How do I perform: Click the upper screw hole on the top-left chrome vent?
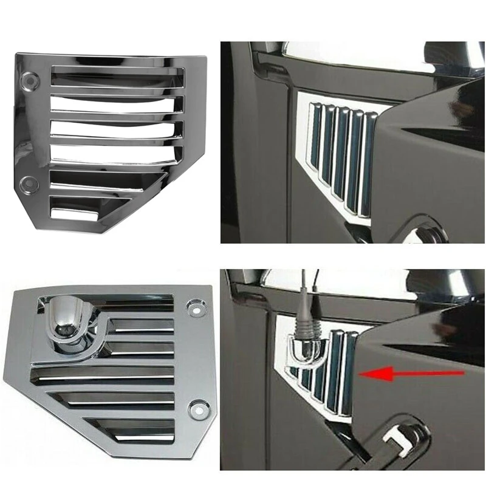pyautogui.click(x=29, y=79)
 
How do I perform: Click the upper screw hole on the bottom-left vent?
pyautogui.click(x=196, y=306)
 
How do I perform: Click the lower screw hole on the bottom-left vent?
pyautogui.click(x=197, y=409)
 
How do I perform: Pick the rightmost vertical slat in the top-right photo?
pyautogui.click(x=368, y=164)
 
